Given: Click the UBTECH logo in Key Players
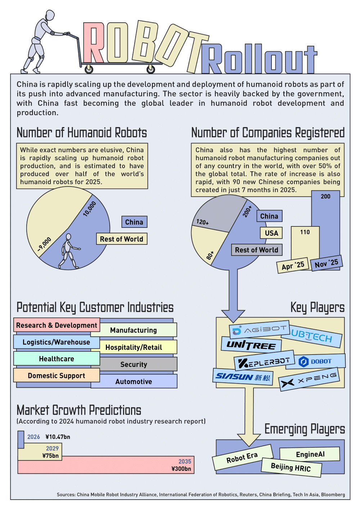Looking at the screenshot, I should pos(311,337).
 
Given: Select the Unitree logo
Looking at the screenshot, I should pos(251,345).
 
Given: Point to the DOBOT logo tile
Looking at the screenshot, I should pos(316,361).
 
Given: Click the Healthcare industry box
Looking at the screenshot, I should pos(57,359).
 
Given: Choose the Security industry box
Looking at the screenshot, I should pos(134,364).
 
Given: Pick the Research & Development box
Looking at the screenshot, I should pos(57,325).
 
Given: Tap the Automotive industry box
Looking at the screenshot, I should pos(134,382).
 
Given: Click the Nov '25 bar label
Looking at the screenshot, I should pos(326,263).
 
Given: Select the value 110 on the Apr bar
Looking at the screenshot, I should pos(305,232).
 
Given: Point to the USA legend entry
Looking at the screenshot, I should pos(271,233).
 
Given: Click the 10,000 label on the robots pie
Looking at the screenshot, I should pos(90,209).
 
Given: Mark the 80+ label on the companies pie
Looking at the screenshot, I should pos(210,255).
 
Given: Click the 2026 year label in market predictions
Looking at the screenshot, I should pos(33,437).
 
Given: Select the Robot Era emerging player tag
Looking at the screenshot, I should pos(242,458).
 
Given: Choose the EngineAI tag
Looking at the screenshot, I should pos(310,454).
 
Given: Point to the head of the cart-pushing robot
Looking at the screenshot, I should pos(49,15).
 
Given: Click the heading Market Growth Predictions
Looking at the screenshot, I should pos(79,410).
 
